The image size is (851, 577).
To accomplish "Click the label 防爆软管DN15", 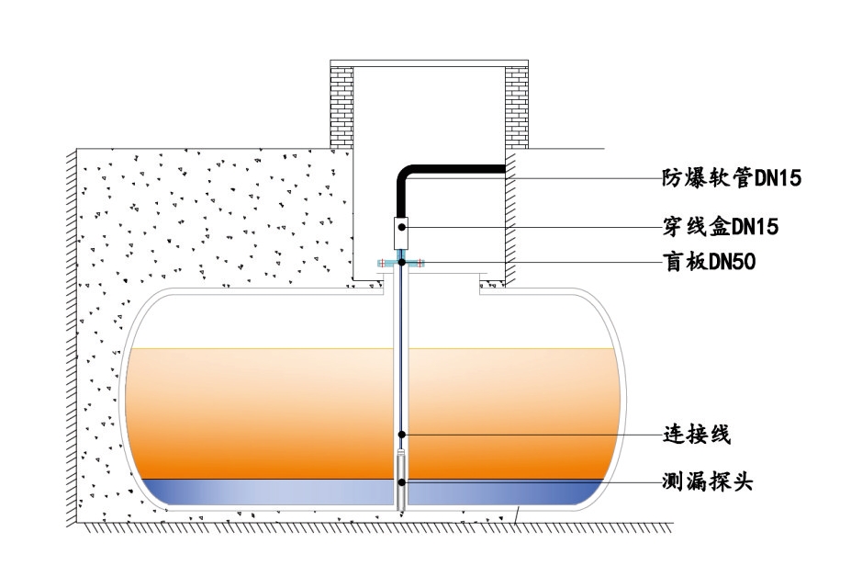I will (x=732, y=178).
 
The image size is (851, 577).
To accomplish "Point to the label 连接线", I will (x=697, y=432).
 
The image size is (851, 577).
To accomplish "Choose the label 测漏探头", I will (x=708, y=481).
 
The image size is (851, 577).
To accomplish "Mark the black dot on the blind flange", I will (x=402, y=263).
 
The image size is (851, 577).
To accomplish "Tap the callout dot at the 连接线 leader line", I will (x=402, y=433).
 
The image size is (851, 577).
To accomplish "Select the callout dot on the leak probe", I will (x=402, y=481).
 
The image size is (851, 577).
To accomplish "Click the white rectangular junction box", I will (x=402, y=232).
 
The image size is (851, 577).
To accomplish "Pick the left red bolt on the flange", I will (x=383, y=264).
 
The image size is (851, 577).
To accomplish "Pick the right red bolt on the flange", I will (x=422, y=264).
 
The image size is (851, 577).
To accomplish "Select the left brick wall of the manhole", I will (x=342, y=106).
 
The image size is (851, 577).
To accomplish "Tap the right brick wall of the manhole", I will (x=516, y=106).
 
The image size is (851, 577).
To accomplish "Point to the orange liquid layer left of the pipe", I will (x=257, y=413).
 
